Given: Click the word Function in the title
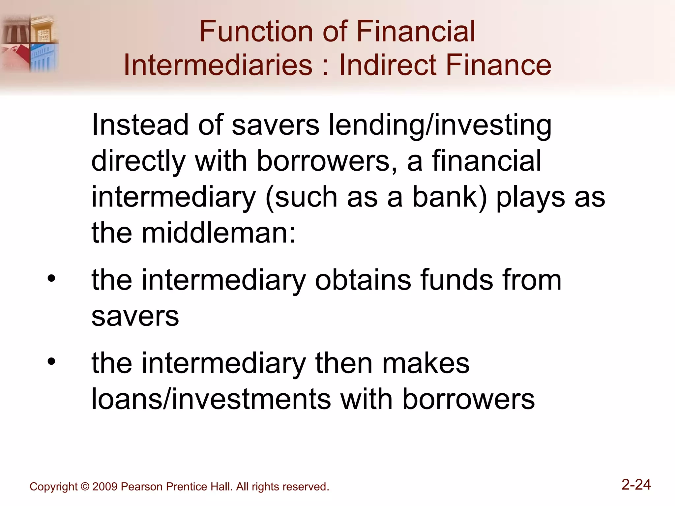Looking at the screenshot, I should point(255,32).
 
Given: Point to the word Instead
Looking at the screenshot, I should point(140,125).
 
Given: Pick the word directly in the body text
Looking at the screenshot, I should point(138,161).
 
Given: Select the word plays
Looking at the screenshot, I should point(531,198).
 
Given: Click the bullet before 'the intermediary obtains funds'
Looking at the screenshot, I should point(51,279).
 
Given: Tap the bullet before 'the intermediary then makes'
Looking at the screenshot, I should point(51,361).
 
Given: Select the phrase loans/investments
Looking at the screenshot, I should point(211,399).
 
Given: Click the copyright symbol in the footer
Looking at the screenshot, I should point(85,487).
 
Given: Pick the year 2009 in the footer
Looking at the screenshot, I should point(105,487).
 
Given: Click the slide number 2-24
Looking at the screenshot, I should point(636,485).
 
